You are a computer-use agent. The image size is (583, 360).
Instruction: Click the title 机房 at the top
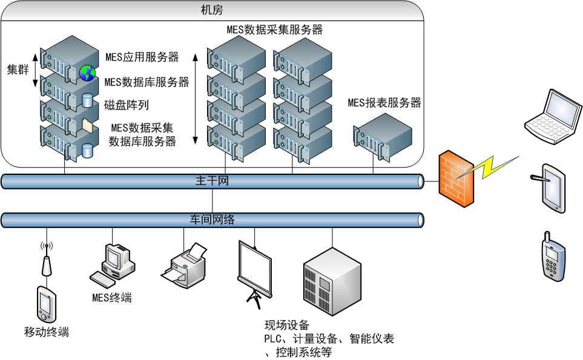click(212, 10)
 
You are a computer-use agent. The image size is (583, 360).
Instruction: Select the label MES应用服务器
click(142, 57)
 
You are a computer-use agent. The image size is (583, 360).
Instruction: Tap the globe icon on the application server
click(87, 73)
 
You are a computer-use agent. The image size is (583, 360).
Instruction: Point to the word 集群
click(18, 70)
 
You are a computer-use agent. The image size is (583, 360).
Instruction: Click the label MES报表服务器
click(384, 102)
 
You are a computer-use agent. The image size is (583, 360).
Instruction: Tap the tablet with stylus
click(552, 187)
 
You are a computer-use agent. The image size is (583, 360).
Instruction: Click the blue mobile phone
click(552, 257)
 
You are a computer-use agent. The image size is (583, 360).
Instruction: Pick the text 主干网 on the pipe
click(212, 181)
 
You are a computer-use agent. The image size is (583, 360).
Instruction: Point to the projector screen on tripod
click(255, 269)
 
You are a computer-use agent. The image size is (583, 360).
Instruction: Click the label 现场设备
click(286, 326)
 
